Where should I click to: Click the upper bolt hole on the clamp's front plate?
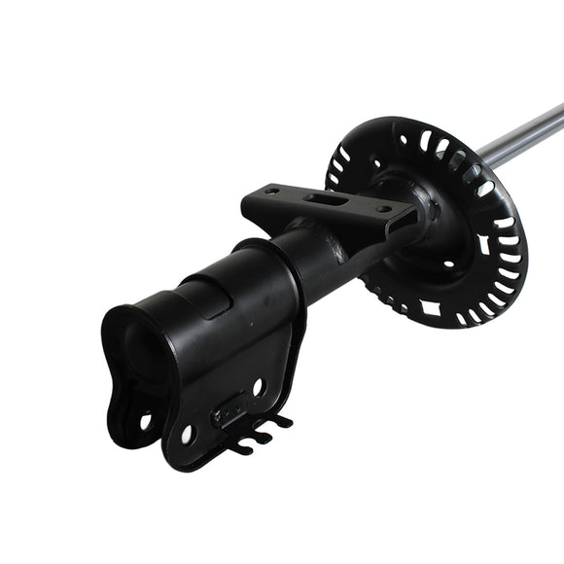258,386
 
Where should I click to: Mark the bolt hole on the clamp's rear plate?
144,421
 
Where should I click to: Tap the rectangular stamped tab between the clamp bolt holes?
230,409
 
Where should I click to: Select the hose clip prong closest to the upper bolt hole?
282,421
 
